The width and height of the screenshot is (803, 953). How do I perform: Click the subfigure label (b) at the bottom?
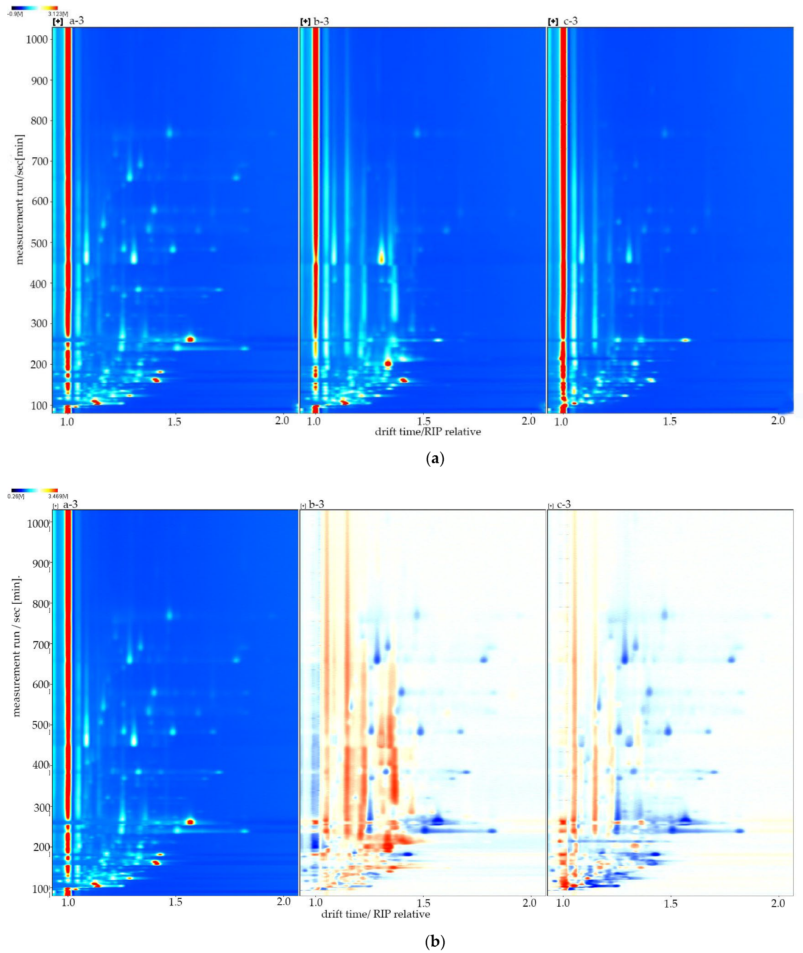[435, 941]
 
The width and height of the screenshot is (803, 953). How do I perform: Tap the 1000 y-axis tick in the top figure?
[37, 39]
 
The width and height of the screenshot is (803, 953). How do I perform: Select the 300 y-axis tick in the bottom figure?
[42, 807]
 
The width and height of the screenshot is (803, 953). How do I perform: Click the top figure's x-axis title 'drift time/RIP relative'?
[428, 431]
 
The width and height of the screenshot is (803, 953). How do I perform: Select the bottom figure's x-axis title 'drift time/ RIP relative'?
[375, 914]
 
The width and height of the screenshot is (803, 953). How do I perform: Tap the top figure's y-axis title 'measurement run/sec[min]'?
[19, 199]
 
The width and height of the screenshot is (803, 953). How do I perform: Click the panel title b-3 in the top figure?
[321, 21]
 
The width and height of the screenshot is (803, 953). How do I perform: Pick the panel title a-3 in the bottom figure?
[70, 504]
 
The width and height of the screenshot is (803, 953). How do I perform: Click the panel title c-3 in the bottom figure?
[563, 504]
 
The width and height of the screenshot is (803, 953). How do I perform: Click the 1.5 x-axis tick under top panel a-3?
[174, 422]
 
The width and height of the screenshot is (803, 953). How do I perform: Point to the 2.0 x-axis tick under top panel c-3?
[778, 420]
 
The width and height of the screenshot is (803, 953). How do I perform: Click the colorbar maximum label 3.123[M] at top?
[58, 14]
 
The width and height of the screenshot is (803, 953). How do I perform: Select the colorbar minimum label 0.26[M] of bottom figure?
[16, 496]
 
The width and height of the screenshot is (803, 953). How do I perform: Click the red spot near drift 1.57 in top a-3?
[190, 339]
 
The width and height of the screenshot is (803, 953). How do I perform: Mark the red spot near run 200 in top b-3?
[388, 363]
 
